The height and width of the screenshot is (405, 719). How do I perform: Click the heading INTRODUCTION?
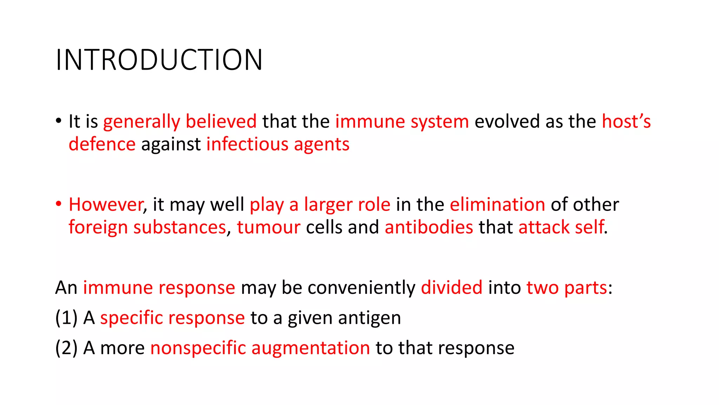(x=159, y=60)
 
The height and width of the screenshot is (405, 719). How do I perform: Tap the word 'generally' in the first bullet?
(x=141, y=122)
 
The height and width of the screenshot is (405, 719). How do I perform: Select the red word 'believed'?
(x=221, y=122)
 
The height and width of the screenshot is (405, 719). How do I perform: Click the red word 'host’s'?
(x=626, y=122)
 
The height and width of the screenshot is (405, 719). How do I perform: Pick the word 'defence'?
(x=102, y=144)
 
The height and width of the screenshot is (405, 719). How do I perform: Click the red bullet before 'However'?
(x=59, y=204)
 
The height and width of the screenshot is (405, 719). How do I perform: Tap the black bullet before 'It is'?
(x=59, y=121)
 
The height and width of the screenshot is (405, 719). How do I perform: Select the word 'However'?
(x=106, y=205)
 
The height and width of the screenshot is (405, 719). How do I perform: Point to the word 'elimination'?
(x=497, y=205)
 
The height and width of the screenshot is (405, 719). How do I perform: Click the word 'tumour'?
(x=269, y=227)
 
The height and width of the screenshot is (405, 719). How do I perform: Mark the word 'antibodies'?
(x=429, y=227)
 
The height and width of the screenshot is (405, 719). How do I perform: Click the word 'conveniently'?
(x=362, y=288)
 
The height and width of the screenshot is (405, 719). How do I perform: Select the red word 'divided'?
(x=451, y=288)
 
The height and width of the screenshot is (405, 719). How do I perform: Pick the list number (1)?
(x=66, y=318)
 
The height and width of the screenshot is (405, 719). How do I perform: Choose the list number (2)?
(x=66, y=348)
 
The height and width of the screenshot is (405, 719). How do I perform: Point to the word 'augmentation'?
(x=310, y=348)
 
